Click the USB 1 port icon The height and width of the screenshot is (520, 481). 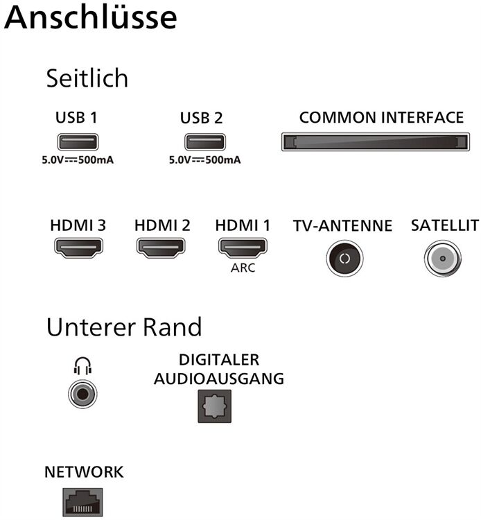pyautogui.click(x=76, y=141)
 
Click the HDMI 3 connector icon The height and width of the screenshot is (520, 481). pyautogui.click(x=79, y=248)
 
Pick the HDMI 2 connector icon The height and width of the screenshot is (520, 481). pyautogui.click(x=161, y=248)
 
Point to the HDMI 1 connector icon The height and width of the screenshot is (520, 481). pyautogui.click(x=243, y=248)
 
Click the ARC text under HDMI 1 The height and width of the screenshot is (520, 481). pyautogui.click(x=243, y=268)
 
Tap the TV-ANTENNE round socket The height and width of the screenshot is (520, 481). pyautogui.click(x=344, y=259)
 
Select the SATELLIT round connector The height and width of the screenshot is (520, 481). pyautogui.click(x=442, y=259)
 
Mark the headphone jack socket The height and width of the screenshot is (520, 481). pyautogui.click(x=82, y=395)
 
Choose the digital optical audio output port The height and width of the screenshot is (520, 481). pyautogui.click(x=213, y=406)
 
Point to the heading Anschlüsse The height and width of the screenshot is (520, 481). pyautogui.click(x=90, y=19)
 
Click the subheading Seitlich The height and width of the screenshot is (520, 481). pyautogui.click(x=87, y=78)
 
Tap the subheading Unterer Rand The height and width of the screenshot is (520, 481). pyautogui.click(x=124, y=327)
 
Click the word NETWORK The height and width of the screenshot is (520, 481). pyautogui.click(x=84, y=472)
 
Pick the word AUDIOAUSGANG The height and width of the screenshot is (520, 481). pyautogui.click(x=219, y=379)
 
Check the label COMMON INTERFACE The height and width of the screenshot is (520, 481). pyautogui.click(x=381, y=117)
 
